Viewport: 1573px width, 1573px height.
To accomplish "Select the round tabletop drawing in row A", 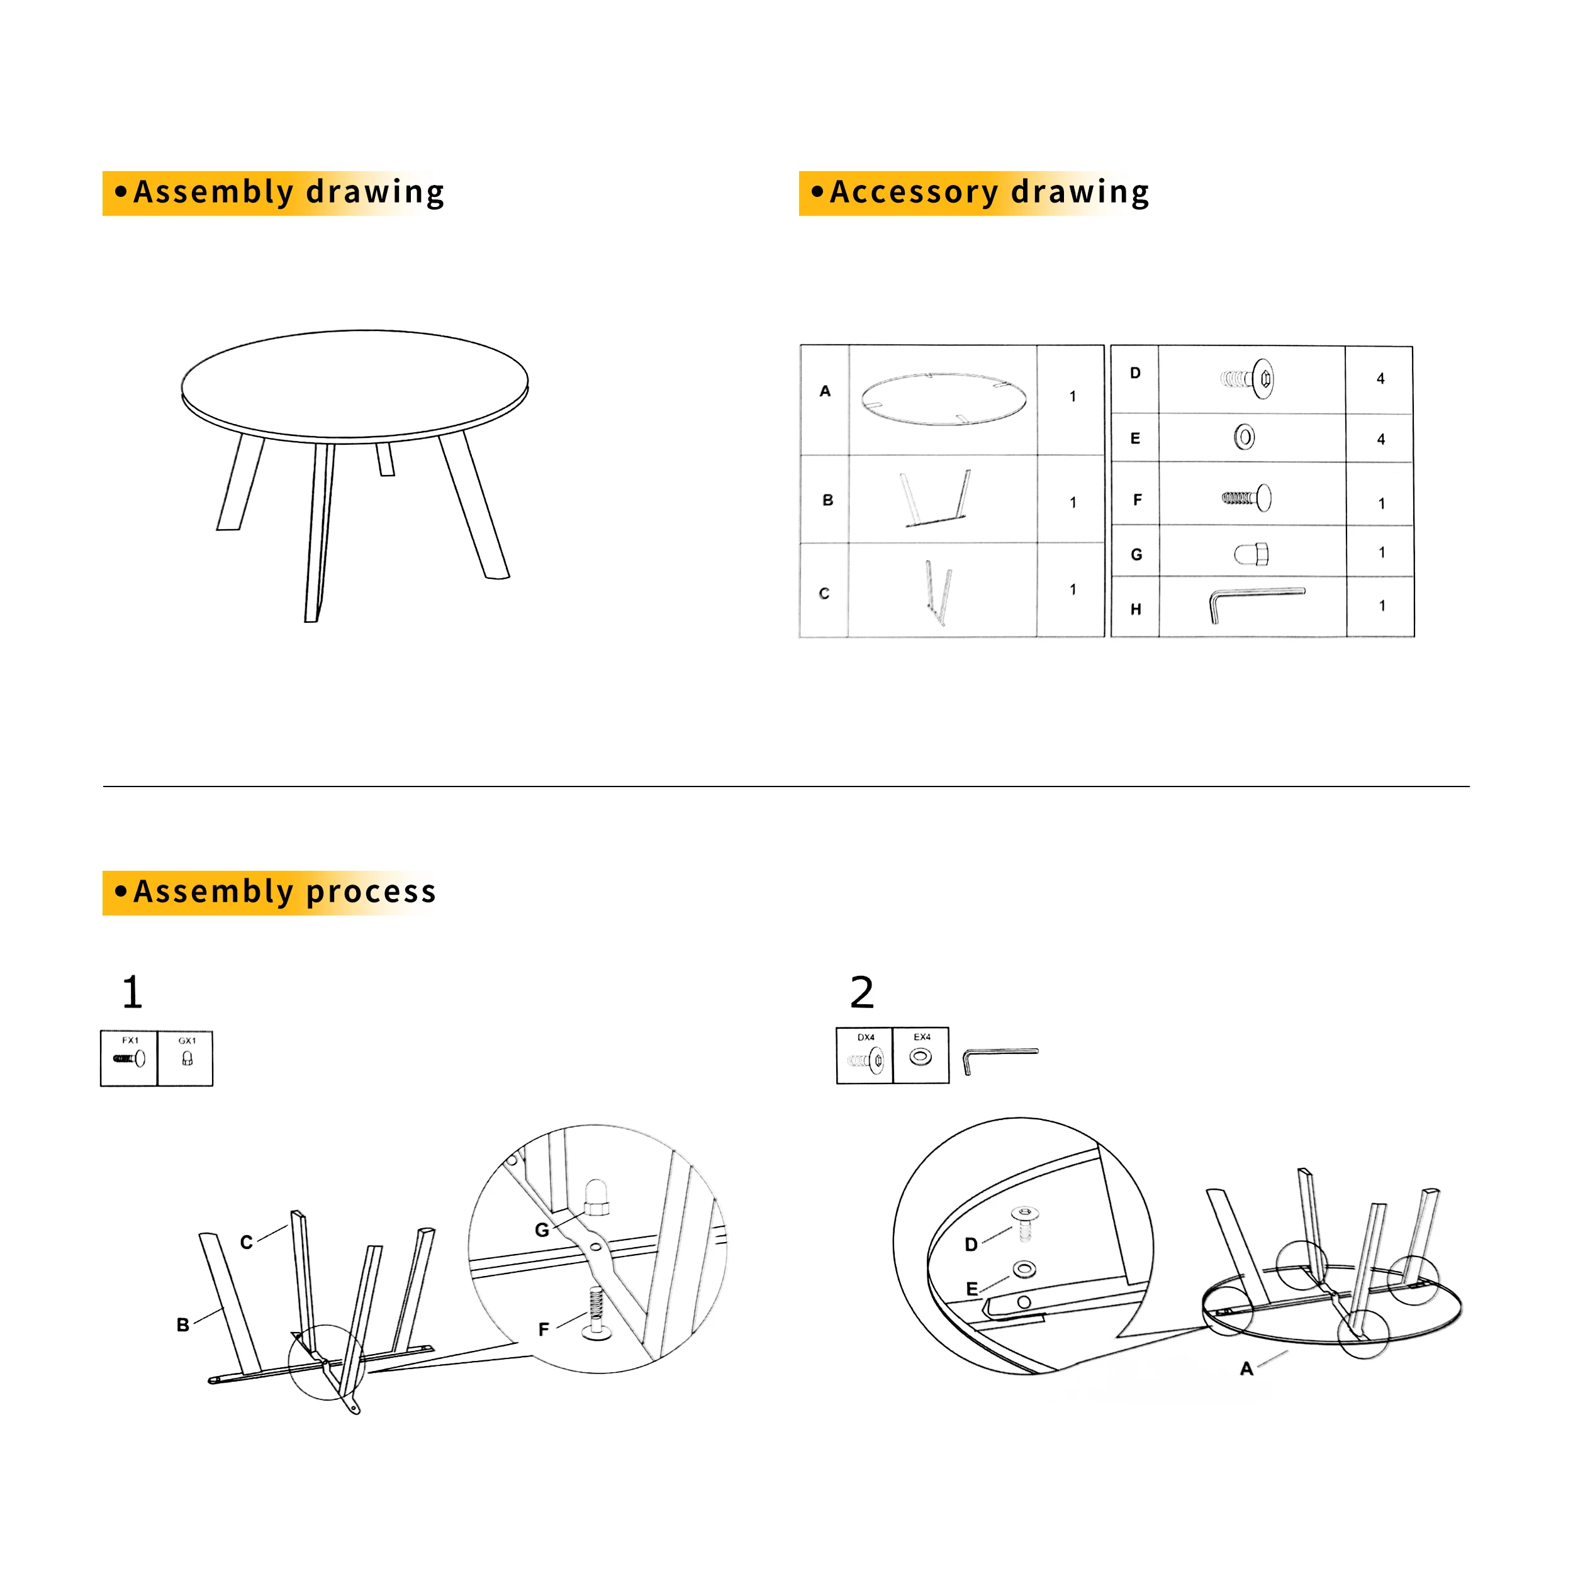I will (x=943, y=399).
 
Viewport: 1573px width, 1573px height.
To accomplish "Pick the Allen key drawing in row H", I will (x=1257, y=604).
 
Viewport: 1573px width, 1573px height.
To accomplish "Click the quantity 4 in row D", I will (x=1380, y=379).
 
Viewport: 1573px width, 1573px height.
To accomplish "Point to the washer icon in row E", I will (x=1243, y=437).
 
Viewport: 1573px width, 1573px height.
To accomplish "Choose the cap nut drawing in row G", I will (x=1251, y=554).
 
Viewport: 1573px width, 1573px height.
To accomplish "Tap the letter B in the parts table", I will (x=827, y=500).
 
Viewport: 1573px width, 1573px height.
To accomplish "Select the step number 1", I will (x=132, y=992).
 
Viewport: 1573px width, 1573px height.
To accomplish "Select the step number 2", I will (x=861, y=992).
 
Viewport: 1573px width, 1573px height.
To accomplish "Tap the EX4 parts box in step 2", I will (x=921, y=1055).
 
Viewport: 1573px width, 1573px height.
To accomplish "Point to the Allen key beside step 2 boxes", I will (x=1000, y=1058).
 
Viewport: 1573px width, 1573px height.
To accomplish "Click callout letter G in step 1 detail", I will (x=542, y=1230).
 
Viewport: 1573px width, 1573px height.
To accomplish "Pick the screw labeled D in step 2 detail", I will (x=1024, y=1223).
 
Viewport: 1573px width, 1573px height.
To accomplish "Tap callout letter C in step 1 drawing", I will (x=247, y=1241).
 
